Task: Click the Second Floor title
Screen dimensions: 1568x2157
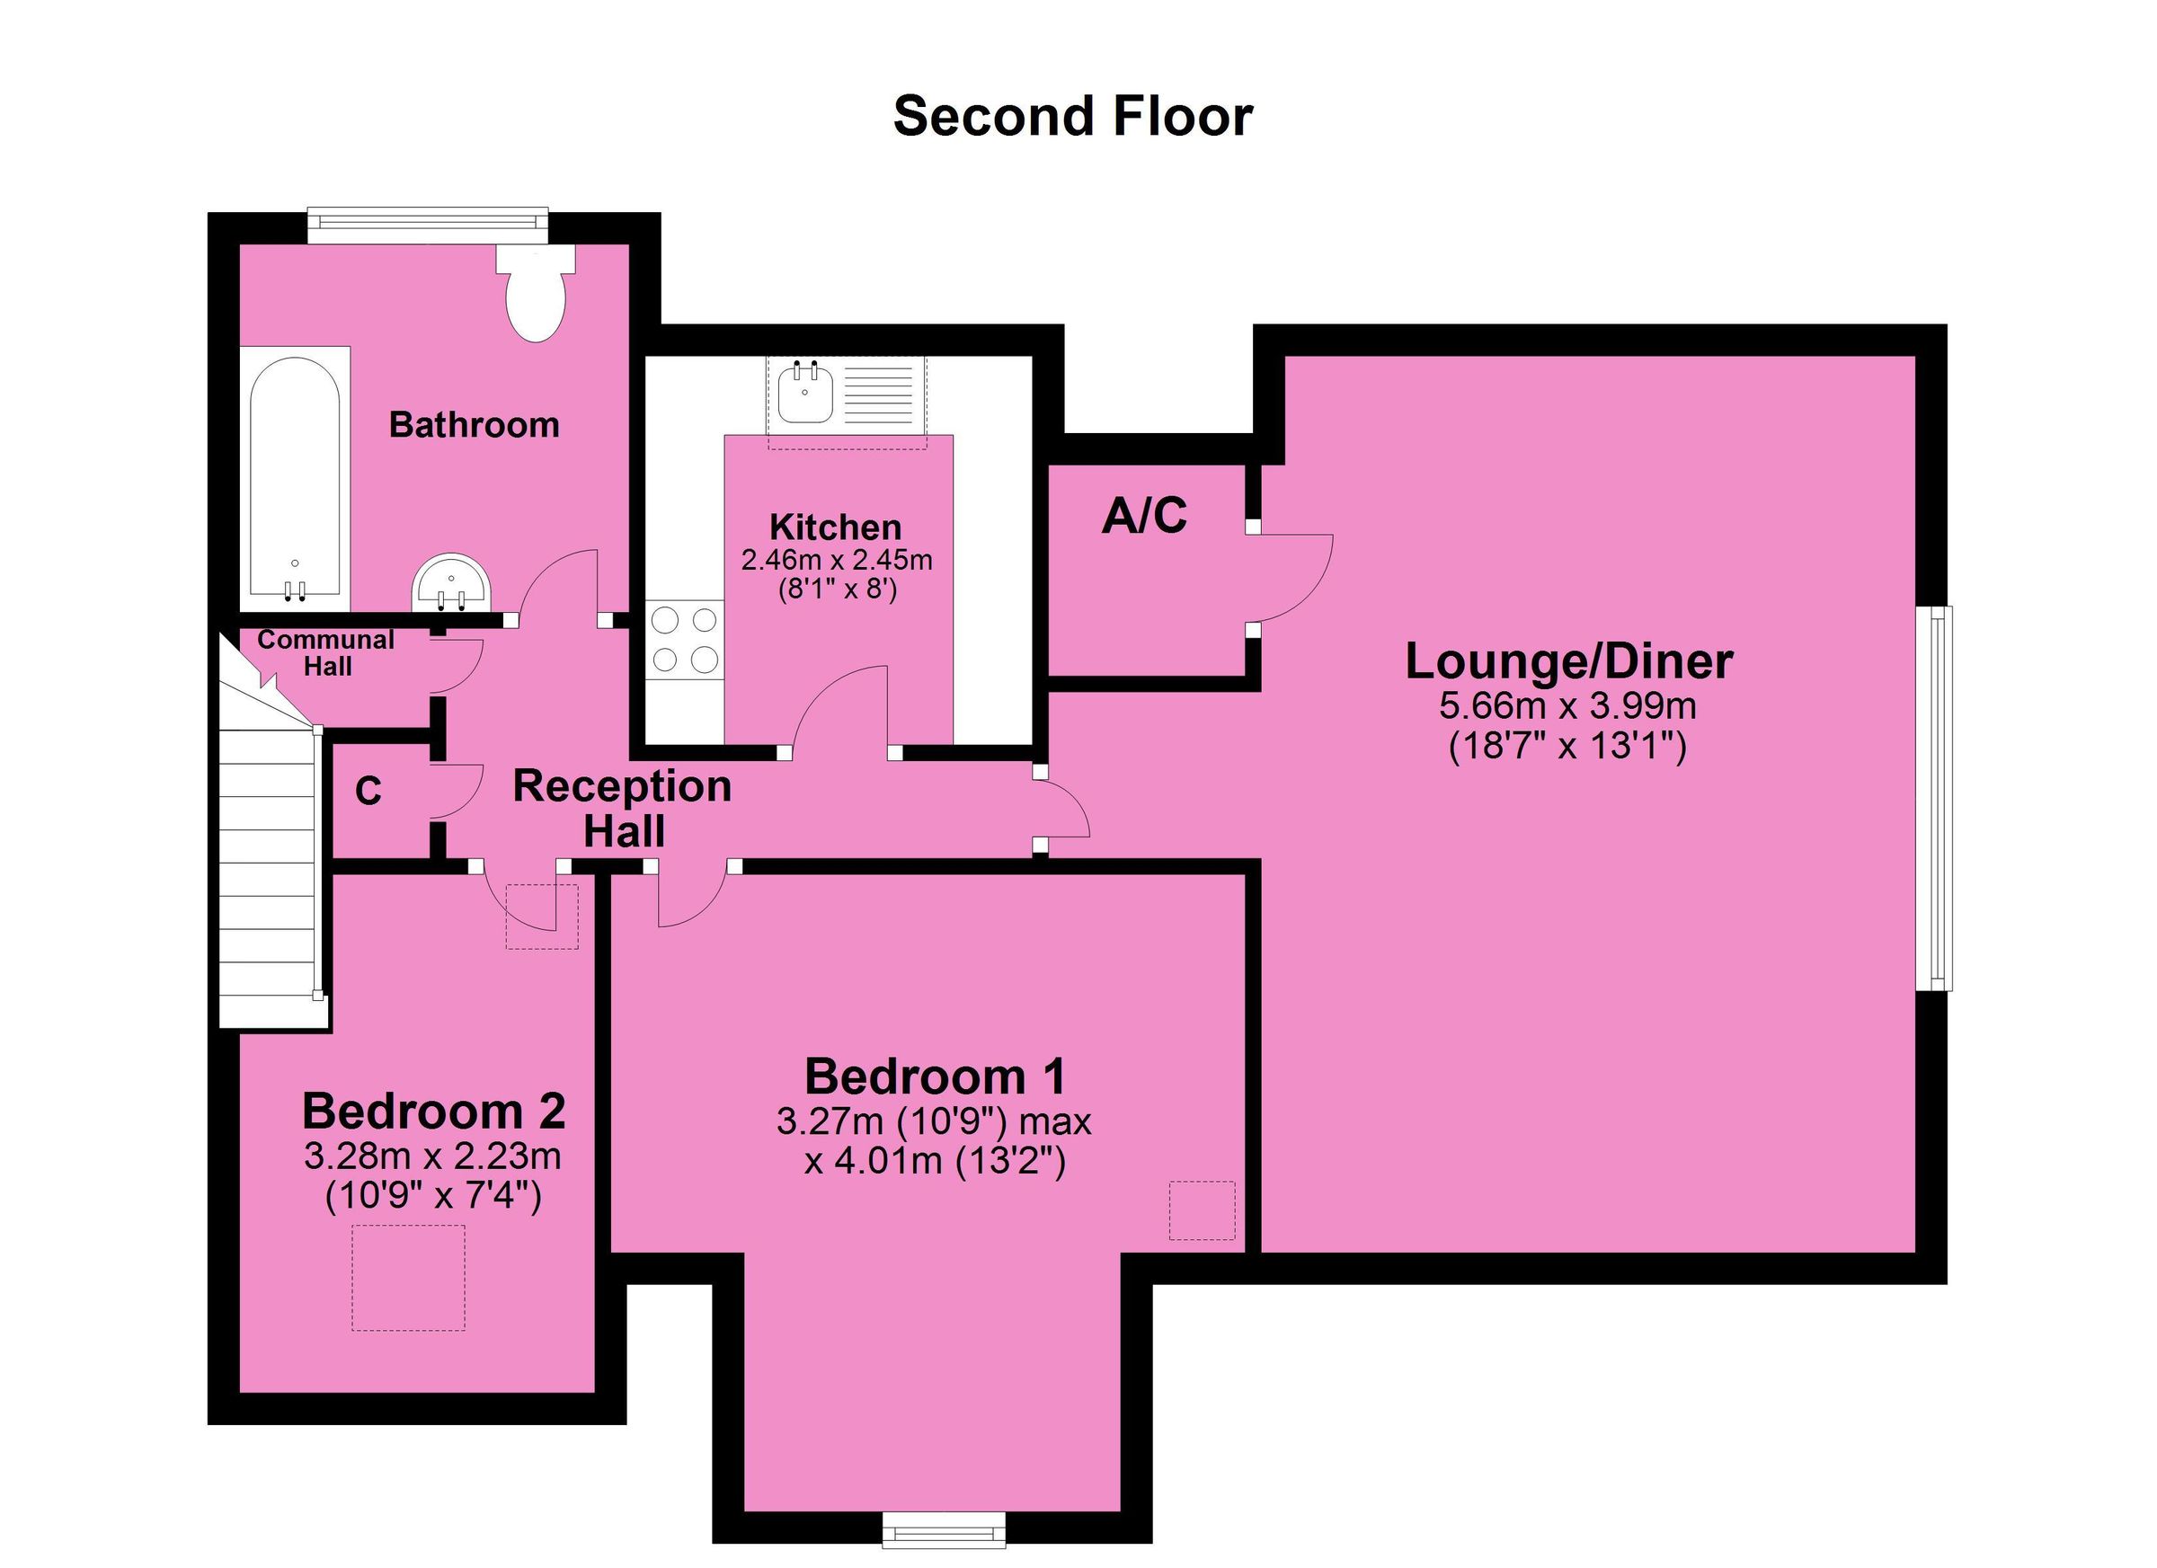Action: click(1073, 116)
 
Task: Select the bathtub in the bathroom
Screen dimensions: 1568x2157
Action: click(295, 478)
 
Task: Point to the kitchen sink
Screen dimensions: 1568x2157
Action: click(804, 394)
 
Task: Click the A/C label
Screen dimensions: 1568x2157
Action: click(1144, 517)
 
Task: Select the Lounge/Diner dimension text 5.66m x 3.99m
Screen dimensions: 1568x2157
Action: click(1567, 706)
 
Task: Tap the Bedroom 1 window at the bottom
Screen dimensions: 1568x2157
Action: click(943, 1531)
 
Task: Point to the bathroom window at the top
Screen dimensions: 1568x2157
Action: click(427, 221)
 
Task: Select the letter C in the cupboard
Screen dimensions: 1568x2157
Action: click(368, 792)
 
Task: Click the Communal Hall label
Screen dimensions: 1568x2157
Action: click(326, 653)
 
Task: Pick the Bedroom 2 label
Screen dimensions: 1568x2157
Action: click(434, 1111)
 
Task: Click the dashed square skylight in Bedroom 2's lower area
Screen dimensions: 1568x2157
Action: click(408, 1277)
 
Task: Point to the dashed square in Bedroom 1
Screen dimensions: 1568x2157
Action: click(1202, 1209)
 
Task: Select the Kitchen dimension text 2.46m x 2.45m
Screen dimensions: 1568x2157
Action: click(836, 560)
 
